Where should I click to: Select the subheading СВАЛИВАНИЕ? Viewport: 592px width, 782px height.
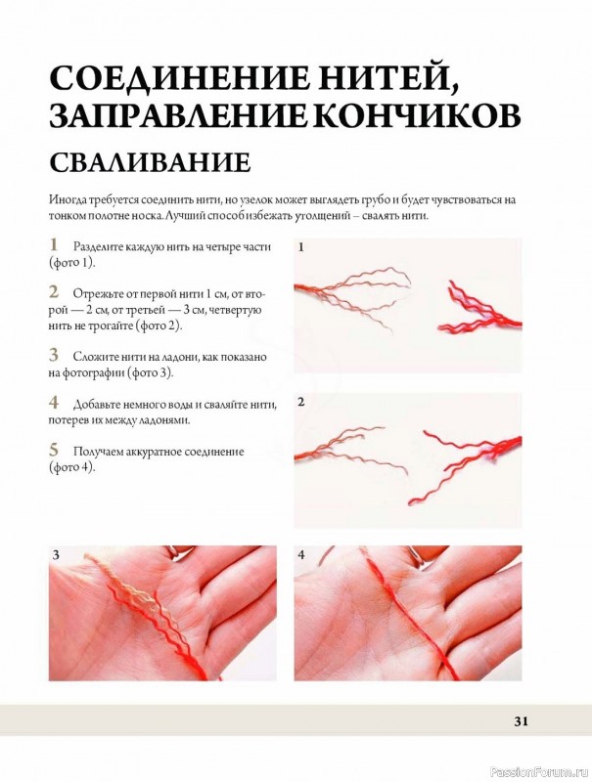pyautogui.click(x=150, y=161)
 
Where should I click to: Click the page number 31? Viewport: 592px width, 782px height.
pyautogui.click(x=521, y=721)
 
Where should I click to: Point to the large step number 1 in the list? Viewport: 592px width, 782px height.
pyautogui.click(x=54, y=245)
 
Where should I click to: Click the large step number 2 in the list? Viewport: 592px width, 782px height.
pyautogui.click(x=54, y=291)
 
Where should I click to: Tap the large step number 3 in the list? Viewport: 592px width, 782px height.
pyautogui.click(x=54, y=355)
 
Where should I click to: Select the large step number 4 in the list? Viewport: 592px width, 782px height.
pyautogui.click(x=54, y=402)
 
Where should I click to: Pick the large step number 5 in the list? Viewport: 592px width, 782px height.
pyautogui.click(x=54, y=450)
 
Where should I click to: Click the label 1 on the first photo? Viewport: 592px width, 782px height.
pyautogui.click(x=301, y=247)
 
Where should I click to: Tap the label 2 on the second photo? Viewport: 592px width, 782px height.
pyautogui.click(x=301, y=401)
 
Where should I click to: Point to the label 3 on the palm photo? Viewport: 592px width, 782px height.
pyautogui.click(x=56, y=554)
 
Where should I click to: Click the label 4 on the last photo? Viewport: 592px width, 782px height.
pyautogui.click(x=301, y=554)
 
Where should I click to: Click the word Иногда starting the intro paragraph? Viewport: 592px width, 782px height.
pyautogui.click(x=68, y=200)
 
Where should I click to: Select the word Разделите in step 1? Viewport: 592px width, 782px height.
pyautogui.click(x=98, y=246)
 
